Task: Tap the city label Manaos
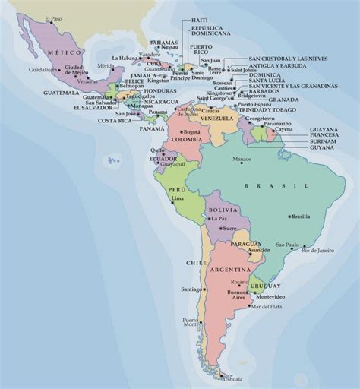tap(242, 159)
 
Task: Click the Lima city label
tap(178, 198)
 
